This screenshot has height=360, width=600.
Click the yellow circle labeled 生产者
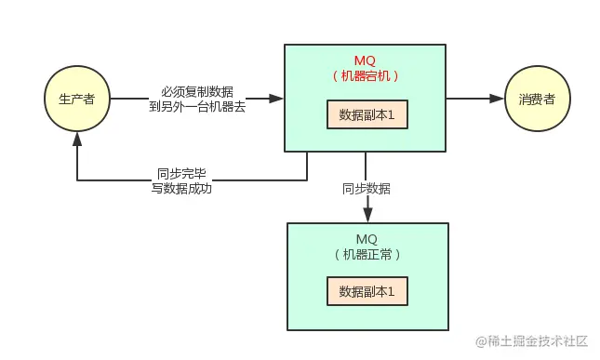coord(77,98)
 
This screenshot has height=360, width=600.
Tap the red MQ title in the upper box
coord(367,60)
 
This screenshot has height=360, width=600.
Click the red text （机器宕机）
coord(367,75)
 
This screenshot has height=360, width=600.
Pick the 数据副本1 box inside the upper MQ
coord(367,115)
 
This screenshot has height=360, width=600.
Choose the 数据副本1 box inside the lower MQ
coord(367,291)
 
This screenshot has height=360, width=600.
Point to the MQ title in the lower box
coord(367,238)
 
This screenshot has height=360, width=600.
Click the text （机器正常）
coord(367,253)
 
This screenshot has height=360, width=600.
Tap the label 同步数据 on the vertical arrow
coord(367,188)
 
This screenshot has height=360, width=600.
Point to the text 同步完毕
coord(180,172)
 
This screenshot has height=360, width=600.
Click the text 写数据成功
coord(180,188)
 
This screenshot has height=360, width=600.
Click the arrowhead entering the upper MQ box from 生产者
coord(276,98)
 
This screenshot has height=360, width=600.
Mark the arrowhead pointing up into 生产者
coord(77,137)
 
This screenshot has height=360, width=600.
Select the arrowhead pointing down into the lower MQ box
coord(367,216)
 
